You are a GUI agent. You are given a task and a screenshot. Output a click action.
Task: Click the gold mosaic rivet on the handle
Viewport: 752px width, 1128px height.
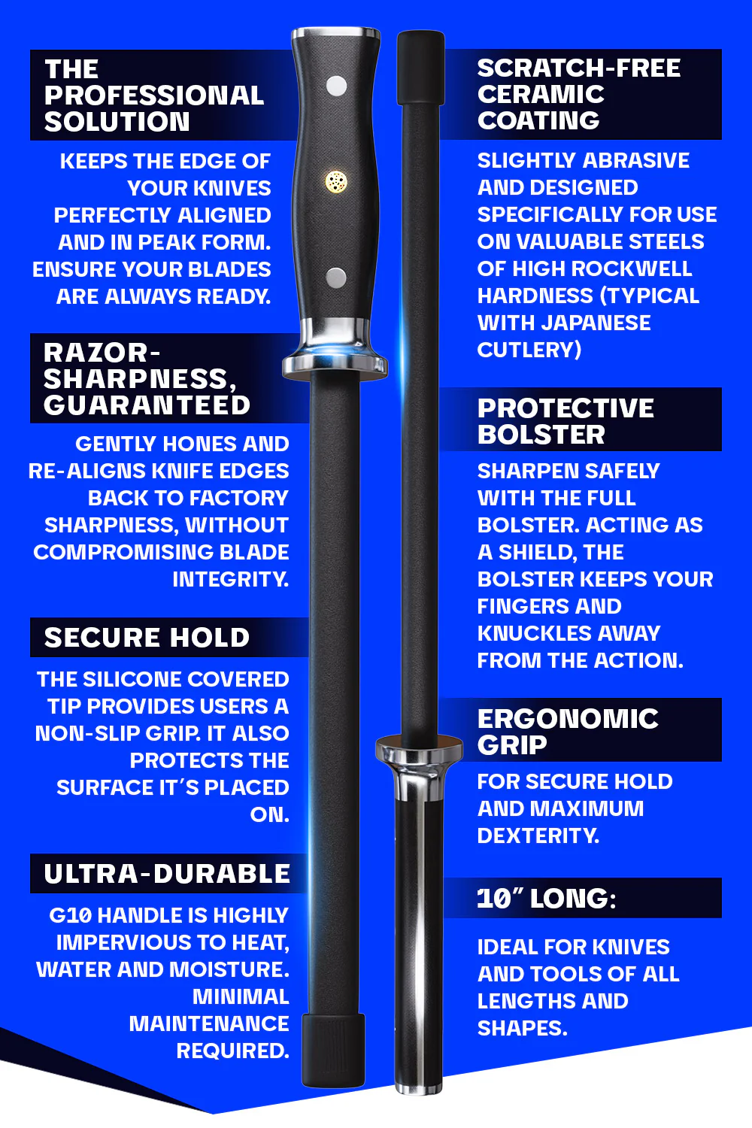coord(336,181)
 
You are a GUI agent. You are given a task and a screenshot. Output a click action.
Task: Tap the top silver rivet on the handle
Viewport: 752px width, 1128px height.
coord(336,86)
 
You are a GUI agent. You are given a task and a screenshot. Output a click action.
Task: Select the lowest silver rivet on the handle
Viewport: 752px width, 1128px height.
coord(336,277)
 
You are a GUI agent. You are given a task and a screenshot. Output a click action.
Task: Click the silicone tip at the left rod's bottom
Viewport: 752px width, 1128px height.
coord(334,1050)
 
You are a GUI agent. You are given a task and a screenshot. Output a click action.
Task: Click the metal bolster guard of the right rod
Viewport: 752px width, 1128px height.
coord(419,751)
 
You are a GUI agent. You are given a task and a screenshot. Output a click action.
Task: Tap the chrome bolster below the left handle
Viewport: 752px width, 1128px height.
coord(335,353)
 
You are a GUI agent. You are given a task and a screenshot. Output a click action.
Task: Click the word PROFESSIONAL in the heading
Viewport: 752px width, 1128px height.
coord(154,96)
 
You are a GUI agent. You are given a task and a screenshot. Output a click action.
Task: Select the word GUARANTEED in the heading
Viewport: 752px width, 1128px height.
coord(147,405)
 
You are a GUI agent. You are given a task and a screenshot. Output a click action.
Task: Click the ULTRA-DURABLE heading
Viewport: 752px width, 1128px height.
coord(167,874)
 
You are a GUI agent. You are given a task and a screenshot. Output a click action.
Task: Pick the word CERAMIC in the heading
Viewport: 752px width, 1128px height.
coord(541,94)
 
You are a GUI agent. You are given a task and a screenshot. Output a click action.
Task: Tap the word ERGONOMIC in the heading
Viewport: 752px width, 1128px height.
coord(568,719)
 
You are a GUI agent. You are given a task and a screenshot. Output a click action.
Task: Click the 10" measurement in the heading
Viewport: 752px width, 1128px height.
coord(499,899)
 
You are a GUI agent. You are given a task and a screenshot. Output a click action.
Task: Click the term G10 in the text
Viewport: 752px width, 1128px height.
coord(70,915)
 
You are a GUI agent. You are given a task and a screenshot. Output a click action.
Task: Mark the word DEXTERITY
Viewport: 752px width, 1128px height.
coord(538,835)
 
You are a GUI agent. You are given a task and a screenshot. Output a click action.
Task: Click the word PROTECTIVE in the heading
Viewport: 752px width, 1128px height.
coord(566,408)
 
